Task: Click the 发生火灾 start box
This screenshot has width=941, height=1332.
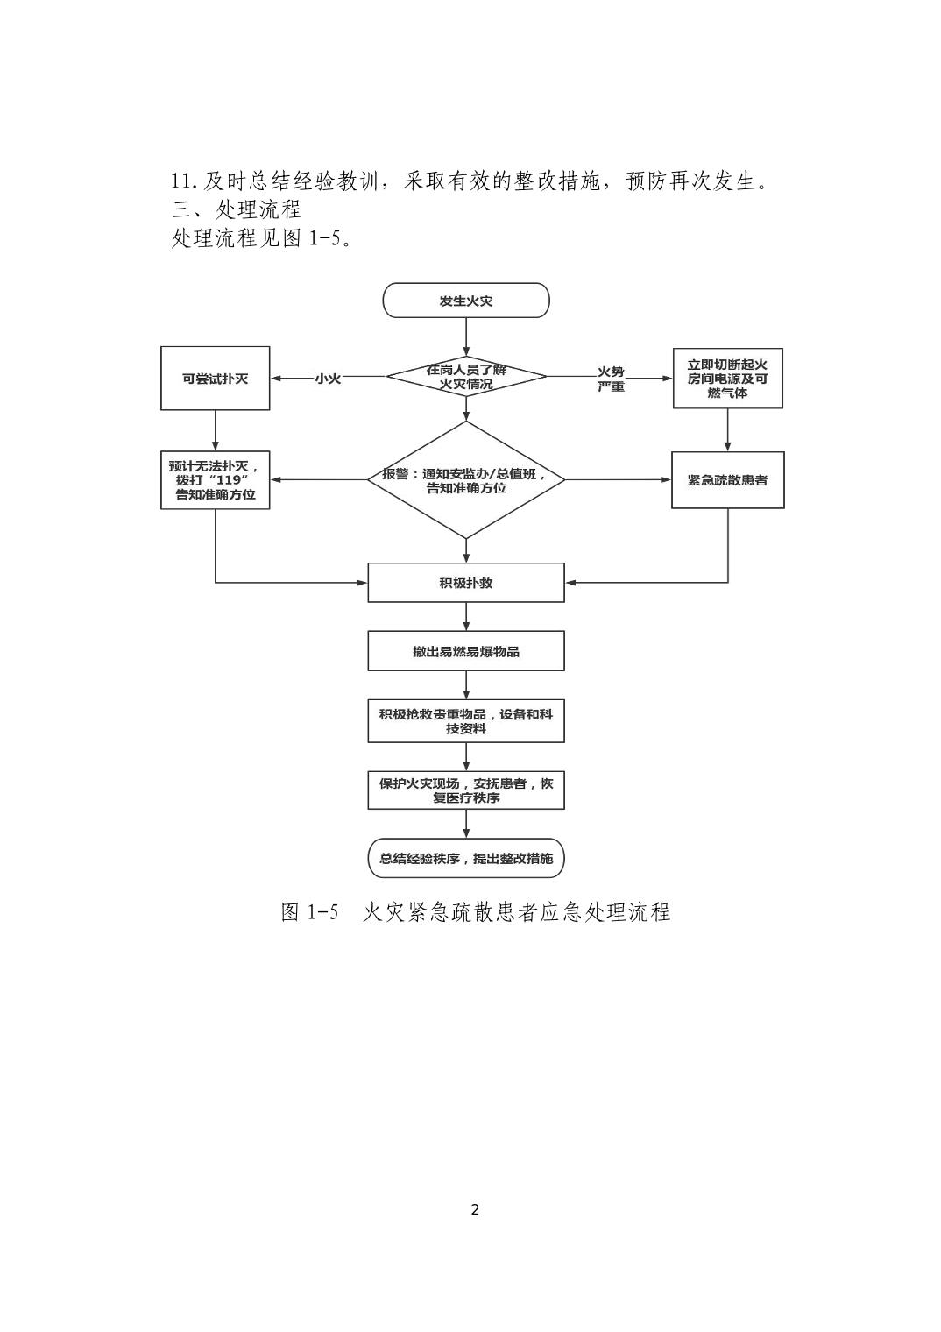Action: [465, 301]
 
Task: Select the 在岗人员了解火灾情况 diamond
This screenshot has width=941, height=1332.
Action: [466, 377]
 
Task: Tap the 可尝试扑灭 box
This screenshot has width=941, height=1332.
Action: [215, 379]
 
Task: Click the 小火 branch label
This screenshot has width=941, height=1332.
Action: [328, 379]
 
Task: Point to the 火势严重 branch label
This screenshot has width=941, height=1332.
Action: [611, 379]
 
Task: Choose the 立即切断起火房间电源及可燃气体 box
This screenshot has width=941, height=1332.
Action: [727, 379]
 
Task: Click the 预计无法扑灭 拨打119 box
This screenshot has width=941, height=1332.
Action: [215, 480]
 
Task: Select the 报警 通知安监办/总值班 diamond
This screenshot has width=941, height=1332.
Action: [466, 480]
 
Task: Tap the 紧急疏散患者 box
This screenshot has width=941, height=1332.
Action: [727, 480]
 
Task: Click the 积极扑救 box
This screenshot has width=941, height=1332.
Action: [466, 583]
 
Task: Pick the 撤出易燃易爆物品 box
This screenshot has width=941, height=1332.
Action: [466, 651]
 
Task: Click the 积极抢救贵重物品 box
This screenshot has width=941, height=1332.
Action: [466, 720]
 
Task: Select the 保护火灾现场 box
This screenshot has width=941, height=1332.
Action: [466, 790]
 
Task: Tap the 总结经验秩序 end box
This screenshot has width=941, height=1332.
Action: [466, 859]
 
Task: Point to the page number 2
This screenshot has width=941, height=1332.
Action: [475, 1210]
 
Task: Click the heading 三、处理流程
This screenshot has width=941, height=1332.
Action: [237, 209]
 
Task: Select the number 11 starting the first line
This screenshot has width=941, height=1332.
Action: [182, 182]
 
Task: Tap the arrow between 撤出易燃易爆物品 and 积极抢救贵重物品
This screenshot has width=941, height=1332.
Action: [466, 685]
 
